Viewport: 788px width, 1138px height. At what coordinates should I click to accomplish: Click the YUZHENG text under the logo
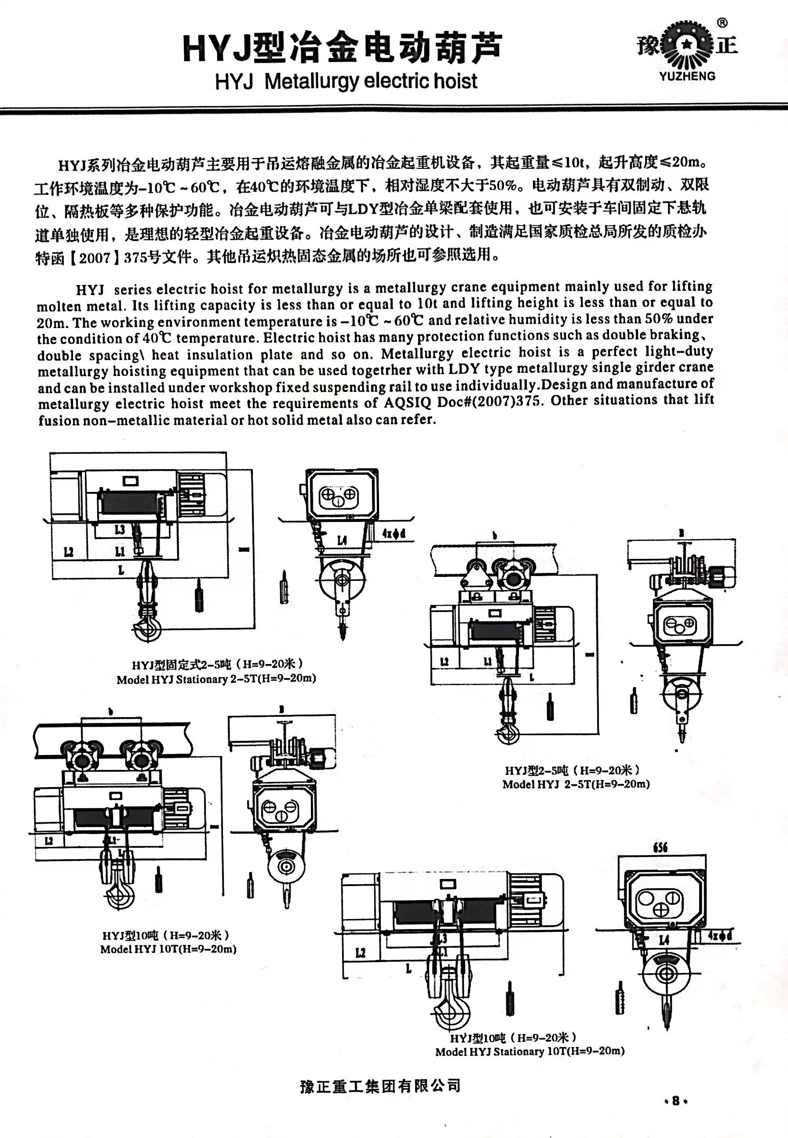pyautogui.click(x=687, y=76)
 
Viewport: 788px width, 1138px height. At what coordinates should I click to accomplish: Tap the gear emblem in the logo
pyautogui.click(x=686, y=45)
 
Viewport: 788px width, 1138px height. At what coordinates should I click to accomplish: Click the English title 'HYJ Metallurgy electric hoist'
pyautogui.click(x=346, y=81)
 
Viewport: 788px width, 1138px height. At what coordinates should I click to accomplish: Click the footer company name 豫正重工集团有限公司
pyautogui.click(x=380, y=1086)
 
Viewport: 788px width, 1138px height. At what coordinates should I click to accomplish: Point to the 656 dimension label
pyautogui.click(x=660, y=848)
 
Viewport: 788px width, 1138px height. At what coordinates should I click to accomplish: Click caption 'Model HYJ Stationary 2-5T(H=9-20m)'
pyautogui.click(x=216, y=679)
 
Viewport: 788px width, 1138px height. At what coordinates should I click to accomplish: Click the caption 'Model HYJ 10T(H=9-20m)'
pyautogui.click(x=168, y=949)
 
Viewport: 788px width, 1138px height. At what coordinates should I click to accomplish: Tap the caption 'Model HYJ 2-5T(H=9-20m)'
pyautogui.click(x=576, y=784)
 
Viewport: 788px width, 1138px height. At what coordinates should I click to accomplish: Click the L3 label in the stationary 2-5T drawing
pyautogui.click(x=120, y=530)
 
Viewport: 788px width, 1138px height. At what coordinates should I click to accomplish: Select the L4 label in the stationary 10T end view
pyautogui.click(x=664, y=940)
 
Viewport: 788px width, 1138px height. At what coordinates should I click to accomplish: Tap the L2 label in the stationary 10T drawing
pyautogui.click(x=361, y=952)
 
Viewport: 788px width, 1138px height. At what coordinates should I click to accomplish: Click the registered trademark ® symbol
pyautogui.click(x=722, y=22)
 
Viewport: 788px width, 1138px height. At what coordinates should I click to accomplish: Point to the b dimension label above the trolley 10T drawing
pyautogui.click(x=111, y=711)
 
